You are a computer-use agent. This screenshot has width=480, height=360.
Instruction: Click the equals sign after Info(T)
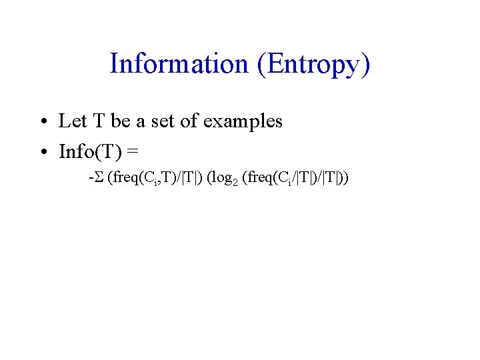133,153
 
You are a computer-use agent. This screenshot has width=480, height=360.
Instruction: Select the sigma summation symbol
99,179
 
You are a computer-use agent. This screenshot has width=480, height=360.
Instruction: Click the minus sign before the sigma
91,179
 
